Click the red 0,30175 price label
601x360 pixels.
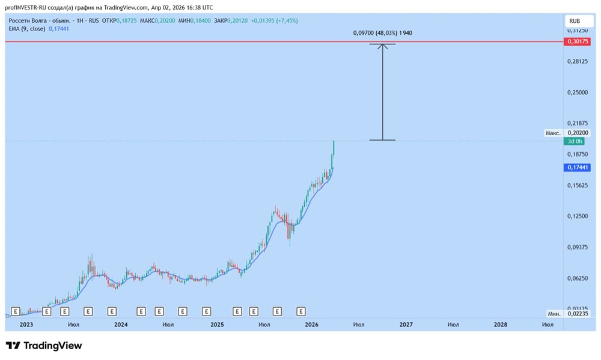[578, 42]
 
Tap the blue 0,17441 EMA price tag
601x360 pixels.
[578, 168]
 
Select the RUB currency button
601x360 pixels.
[575, 20]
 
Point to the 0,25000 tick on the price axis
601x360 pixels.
[578, 92]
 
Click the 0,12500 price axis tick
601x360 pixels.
[578, 216]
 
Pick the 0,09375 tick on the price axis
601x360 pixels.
[578, 247]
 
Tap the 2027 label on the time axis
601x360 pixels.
[406, 325]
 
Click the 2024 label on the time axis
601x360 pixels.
[121, 325]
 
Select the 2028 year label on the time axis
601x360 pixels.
[500, 325]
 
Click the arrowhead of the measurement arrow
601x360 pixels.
[382, 46]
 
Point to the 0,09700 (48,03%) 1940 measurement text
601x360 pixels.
[382, 33]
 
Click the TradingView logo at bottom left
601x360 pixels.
[43, 346]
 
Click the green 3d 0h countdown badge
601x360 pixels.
[574, 141]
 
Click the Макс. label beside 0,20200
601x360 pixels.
[553, 133]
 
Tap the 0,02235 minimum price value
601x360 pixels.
[578, 314]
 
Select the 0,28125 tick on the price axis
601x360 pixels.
[578, 61]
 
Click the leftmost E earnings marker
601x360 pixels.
[16, 311]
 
